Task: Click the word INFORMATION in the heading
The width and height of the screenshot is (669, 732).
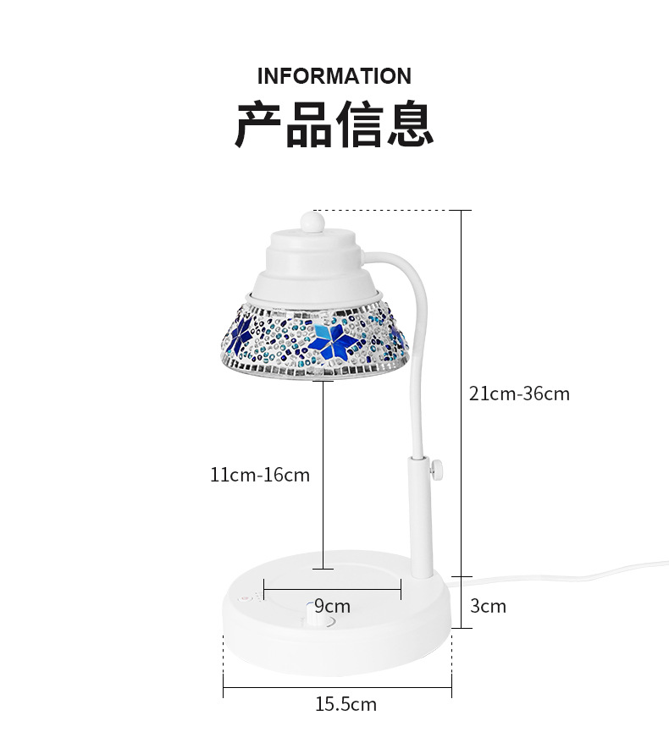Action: point(334,76)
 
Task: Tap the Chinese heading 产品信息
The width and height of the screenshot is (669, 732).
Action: point(334,125)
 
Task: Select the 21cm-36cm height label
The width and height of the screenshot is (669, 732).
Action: point(519,394)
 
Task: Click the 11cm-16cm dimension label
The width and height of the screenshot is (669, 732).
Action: point(260,475)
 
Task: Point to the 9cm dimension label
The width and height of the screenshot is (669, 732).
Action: point(332,606)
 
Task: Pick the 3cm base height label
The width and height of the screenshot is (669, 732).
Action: point(489,606)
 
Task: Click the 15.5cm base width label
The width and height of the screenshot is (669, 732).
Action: point(346,703)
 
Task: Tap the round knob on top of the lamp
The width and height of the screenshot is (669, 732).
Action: point(312,223)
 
